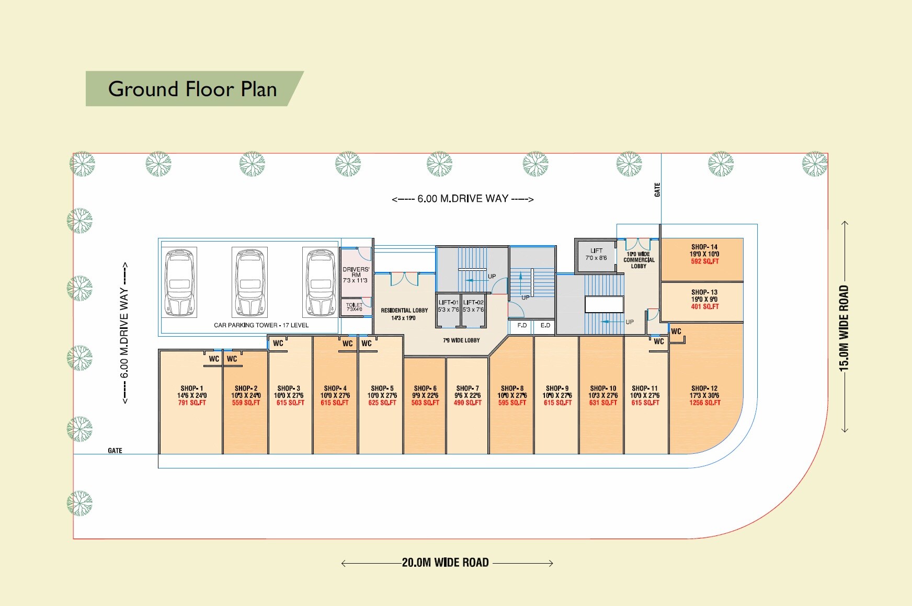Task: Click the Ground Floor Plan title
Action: pyautogui.click(x=192, y=89)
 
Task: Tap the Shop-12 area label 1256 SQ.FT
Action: pyautogui.click(x=704, y=403)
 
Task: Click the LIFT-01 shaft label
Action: pyautogui.click(x=448, y=306)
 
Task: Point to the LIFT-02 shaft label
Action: pyautogui.click(x=473, y=306)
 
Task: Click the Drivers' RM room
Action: pyautogui.click(x=356, y=275)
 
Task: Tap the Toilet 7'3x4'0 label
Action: pyautogui.click(x=354, y=307)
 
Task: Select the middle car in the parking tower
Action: pyautogui.click(x=250, y=282)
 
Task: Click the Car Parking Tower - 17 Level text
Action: pyautogui.click(x=261, y=325)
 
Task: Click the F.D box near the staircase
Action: pyautogui.click(x=522, y=326)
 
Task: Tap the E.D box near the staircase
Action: pyautogui.click(x=545, y=326)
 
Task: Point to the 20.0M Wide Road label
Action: pyautogui.click(x=445, y=563)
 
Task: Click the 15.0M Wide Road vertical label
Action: pyautogui.click(x=844, y=328)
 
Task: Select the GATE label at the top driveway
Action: pyautogui.click(x=657, y=190)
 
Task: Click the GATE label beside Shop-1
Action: pyautogui.click(x=115, y=451)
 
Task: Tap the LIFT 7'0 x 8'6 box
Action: pyautogui.click(x=596, y=255)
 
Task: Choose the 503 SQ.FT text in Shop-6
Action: pyautogui.click(x=425, y=403)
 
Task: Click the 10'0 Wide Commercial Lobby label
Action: pyautogui.click(x=639, y=260)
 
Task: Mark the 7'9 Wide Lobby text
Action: pyautogui.click(x=461, y=340)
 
